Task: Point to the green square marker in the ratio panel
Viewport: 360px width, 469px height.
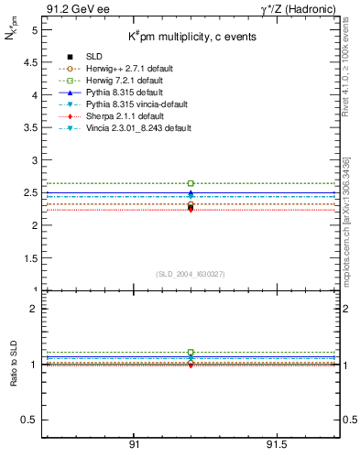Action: pyautogui.click(x=191, y=352)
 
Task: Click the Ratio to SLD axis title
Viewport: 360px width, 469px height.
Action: pyautogui.click(x=15, y=363)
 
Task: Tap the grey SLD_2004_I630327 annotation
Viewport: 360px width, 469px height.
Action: pyautogui.click(x=191, y=274)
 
